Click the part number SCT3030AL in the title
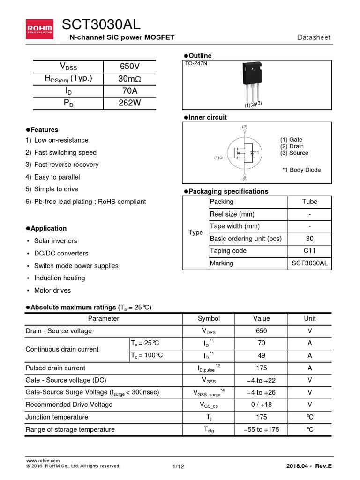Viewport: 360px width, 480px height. coord(101,24)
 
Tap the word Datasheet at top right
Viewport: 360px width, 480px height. coord(314,37)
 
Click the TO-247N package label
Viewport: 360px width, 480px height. coord(196,63)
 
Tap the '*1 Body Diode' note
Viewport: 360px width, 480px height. coord(301,170)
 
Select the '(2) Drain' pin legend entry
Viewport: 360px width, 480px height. coord(292,146)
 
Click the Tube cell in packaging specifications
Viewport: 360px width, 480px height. coord(309,202)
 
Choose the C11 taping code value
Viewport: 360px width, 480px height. coord(309,251)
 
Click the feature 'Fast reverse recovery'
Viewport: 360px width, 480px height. coord(66,165)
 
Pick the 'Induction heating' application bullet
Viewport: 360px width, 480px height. coord(60,278)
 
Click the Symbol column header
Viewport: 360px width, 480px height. coord(209,319)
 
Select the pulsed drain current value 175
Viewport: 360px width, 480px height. coord(262,368)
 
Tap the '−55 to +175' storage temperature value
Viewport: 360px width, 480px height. coord(262,429)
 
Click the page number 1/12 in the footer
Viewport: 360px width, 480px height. coord(178,466)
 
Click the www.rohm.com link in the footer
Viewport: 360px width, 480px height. coord(43,461)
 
